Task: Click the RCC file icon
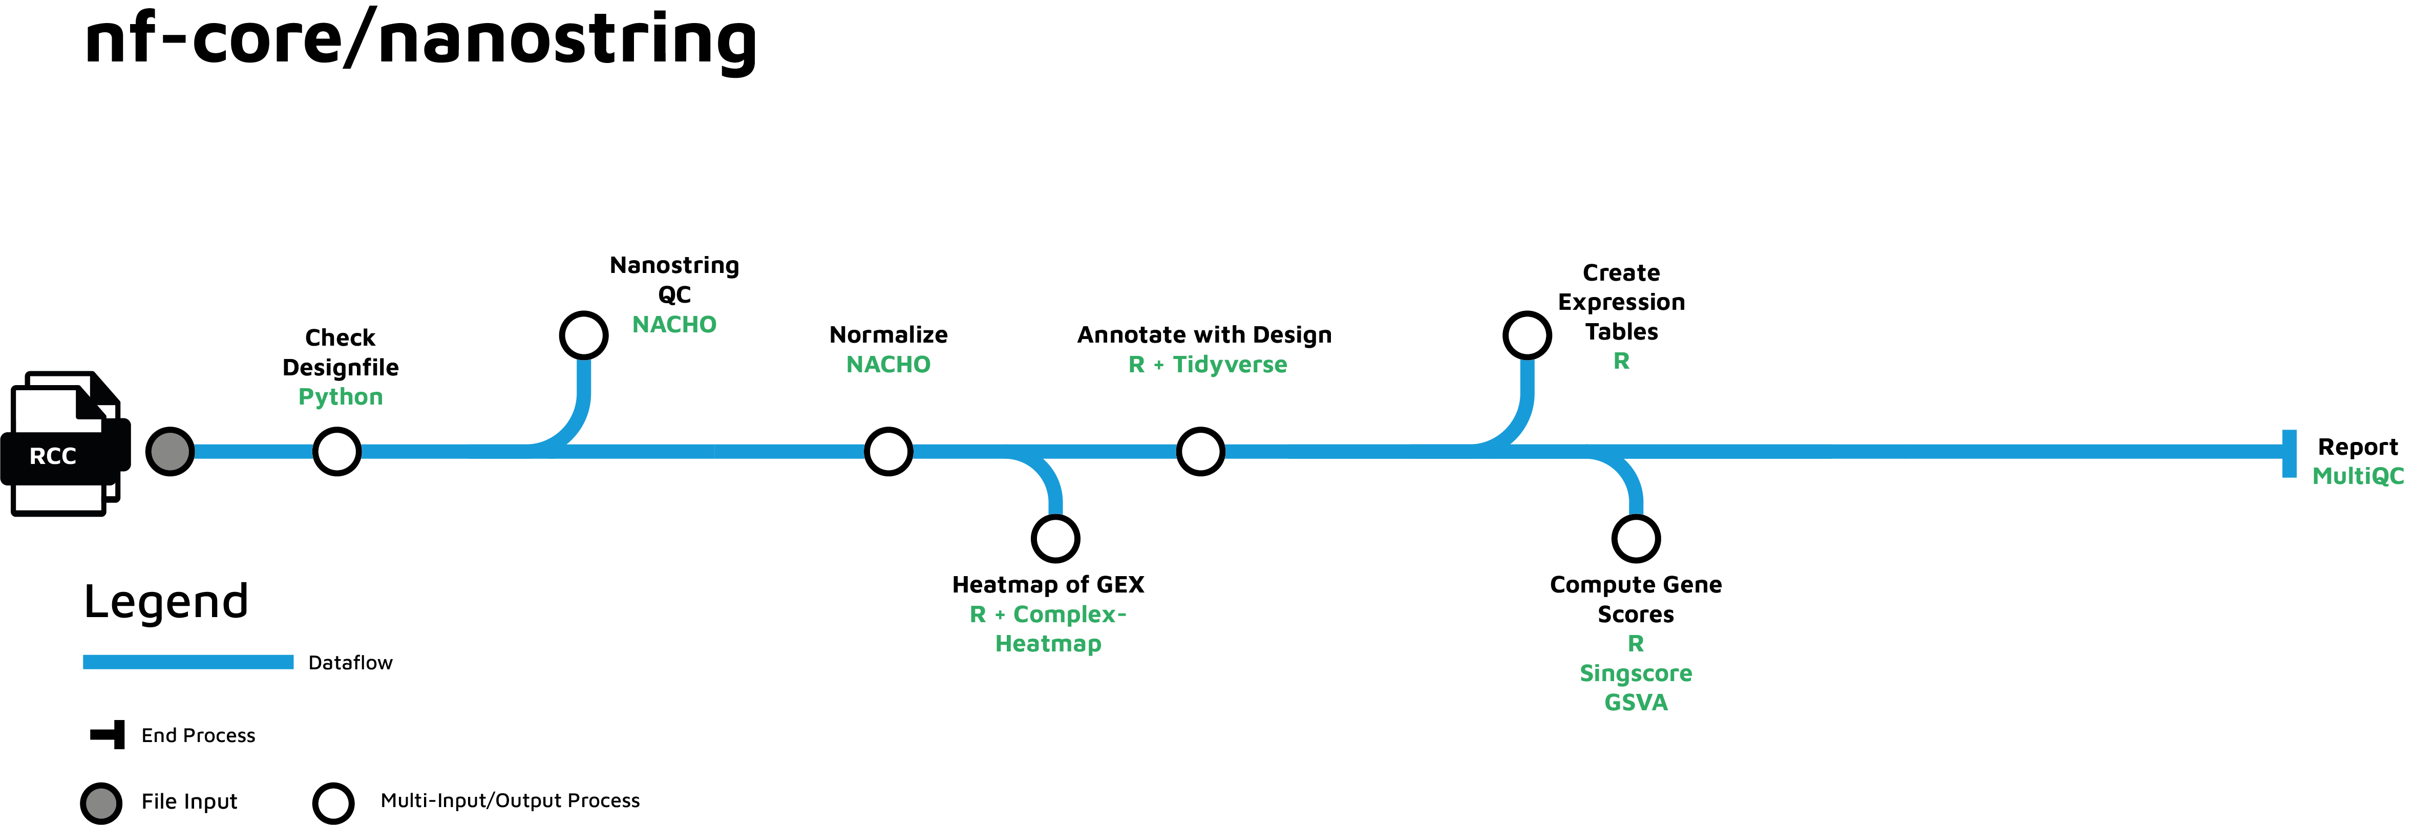tap(65, 444)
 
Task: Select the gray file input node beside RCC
tap(170, 452)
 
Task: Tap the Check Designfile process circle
tap(336, 452)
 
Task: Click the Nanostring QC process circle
tap(583, 334)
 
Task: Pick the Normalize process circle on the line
tap(888, 452)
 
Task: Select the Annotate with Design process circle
tap(1200, 452)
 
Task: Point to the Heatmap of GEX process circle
tap(1056, 539)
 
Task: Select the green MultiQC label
tap(2358, 476)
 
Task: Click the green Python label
tap(341, 397)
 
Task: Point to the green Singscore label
tap(1635, 674)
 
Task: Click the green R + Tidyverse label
tap(1207, 365)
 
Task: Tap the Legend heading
tap(166, 602)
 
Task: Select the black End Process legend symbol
tap(109, 734)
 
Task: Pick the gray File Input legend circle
tap(101, 803)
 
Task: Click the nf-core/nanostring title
tap(420, 40)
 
